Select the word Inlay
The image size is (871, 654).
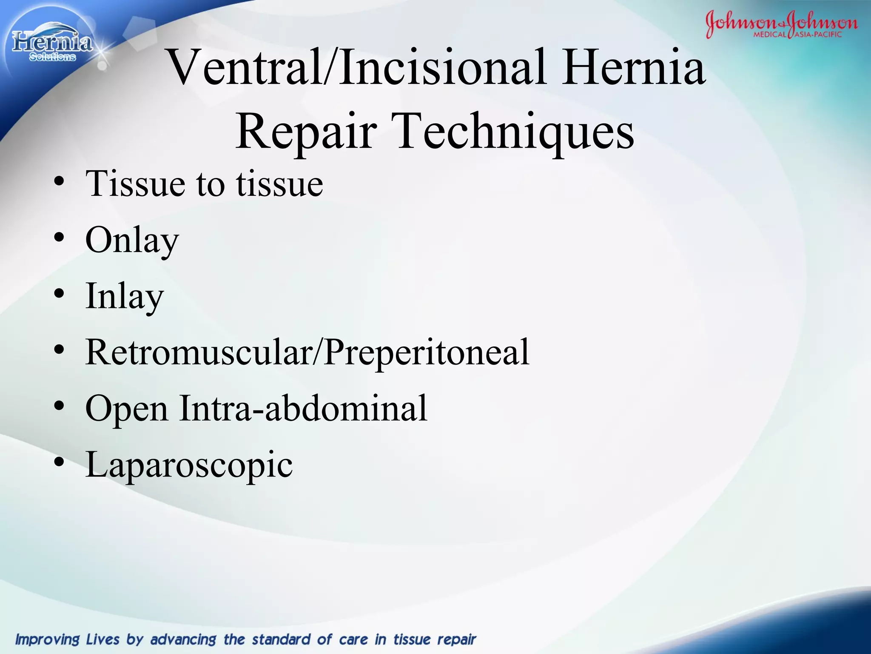[x=124, y=297]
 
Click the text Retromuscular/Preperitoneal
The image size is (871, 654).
[x=307, y=353]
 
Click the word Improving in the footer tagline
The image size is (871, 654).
[x=48, y=640]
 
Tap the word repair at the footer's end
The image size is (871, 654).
[x=456, y=640]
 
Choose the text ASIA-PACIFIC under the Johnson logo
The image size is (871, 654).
[x=818, y=34]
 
